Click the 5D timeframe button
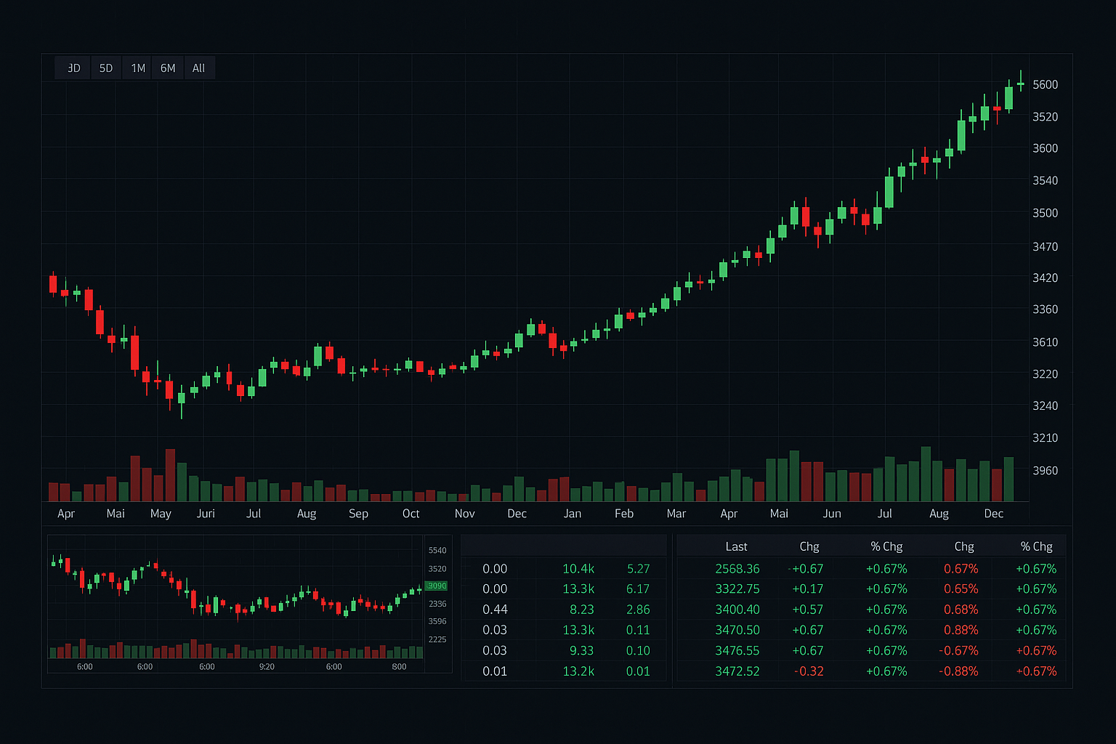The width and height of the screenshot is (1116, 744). point(106,68)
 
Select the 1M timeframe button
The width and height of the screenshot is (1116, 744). point(138,68)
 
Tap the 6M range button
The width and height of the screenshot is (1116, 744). point(168,68)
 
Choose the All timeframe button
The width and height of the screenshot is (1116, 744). point(198,68)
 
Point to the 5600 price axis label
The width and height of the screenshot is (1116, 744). point(1045,85)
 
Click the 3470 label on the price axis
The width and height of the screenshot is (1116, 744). point(1045,247)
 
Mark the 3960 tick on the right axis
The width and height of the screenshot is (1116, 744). point(1045,471)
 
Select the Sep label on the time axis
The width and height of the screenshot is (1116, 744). point(358,514)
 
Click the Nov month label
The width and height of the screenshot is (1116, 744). point(464,514)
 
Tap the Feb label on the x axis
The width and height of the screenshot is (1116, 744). point(623,514)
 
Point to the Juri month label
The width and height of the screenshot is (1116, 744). point(206,514)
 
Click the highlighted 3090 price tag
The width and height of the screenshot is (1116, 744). point(437,586)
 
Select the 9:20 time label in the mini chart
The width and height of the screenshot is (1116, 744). point(267,666)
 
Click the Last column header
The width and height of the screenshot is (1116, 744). point(736,546)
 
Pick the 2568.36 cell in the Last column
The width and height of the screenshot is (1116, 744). point(737,569)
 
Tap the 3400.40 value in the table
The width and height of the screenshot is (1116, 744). point(737,610)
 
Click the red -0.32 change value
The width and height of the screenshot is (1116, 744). point(809,671)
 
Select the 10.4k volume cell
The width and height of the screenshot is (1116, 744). point(578,569)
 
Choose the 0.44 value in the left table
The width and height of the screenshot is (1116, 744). point(495,610)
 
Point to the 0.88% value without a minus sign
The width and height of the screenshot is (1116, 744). point(961,630)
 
